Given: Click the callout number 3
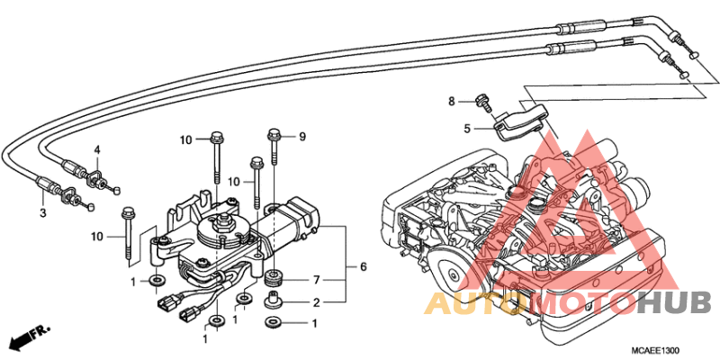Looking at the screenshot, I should tap(41, 212).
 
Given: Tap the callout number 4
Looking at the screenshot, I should tap(97, 149).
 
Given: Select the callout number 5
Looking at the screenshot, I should tap(468, 129).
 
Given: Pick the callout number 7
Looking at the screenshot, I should tap(316, 280).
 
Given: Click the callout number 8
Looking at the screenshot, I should tap(453, 101).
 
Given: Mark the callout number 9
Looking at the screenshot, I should tap(302, 137).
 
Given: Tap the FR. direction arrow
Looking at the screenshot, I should tap(29, 337).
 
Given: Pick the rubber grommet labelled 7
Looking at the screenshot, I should tap(274, 275).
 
